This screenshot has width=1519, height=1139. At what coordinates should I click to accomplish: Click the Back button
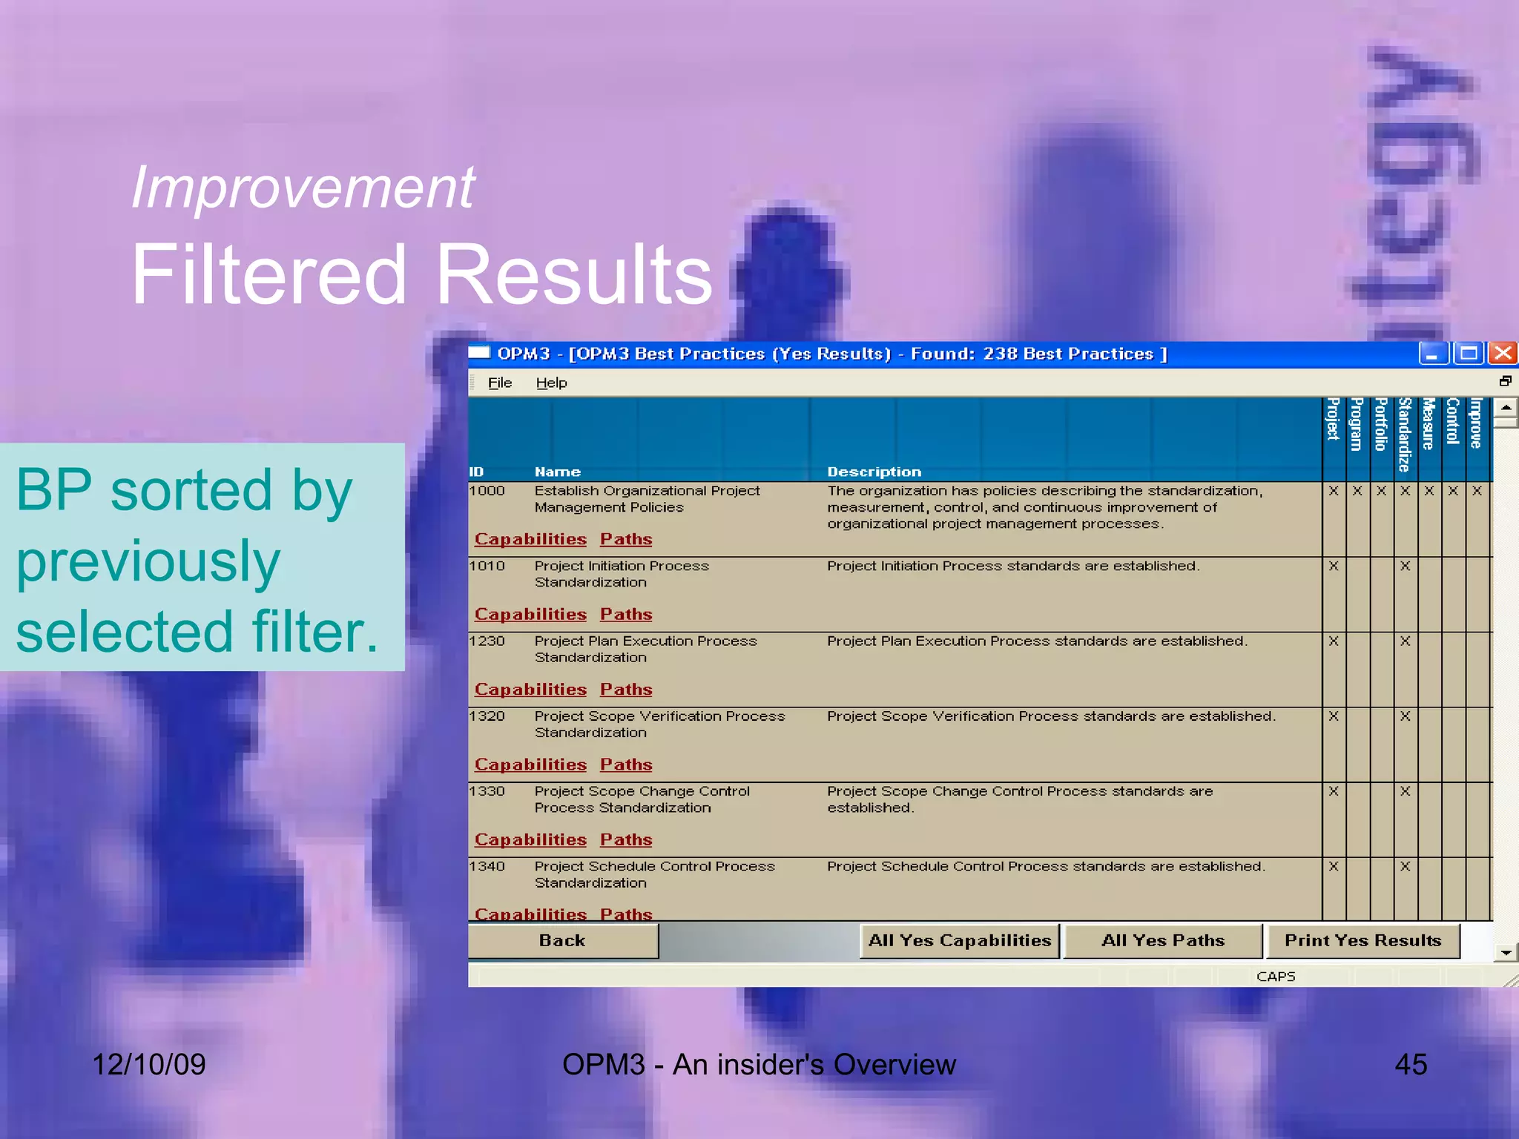pos(562,940)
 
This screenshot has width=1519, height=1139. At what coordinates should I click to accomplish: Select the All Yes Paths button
pos(1162,940)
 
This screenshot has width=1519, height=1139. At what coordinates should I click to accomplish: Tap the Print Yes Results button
pos(1363,940)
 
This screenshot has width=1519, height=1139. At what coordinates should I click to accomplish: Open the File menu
pos(499,383)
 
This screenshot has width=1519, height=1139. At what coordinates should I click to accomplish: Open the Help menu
pos(551,383)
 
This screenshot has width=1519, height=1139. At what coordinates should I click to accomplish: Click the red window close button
pos(1503,353)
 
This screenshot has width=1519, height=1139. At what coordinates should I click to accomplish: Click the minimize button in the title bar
pos(1431,353)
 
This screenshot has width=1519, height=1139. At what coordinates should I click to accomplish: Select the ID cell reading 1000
pos(487,491)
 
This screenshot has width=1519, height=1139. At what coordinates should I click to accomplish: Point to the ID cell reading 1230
pos(487,641)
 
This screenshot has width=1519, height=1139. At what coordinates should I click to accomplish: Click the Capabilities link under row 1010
pos(530,614)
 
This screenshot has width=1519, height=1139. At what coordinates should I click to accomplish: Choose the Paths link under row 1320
pos(626,765)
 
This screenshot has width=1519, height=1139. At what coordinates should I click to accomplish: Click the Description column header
pos(874,472)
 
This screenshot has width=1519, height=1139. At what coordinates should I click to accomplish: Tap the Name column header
pos(557,472)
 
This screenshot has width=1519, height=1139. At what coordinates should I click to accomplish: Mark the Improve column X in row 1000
pos(1477,491)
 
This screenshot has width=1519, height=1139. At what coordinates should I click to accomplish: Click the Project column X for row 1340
pos(1333,866)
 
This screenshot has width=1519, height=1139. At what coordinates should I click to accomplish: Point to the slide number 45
pos(1410,1064)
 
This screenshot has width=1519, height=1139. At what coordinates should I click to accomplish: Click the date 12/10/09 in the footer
pos(148,1064)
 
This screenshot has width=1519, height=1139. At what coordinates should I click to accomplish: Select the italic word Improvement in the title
pos(303,188)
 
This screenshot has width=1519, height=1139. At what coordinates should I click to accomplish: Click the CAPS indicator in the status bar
pos(1275,977)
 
